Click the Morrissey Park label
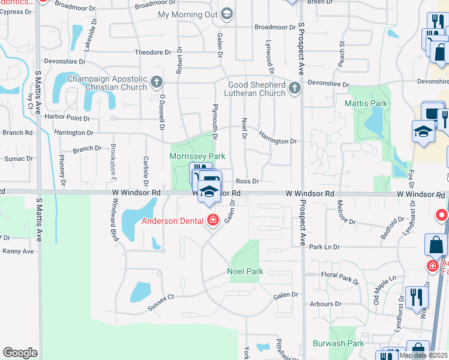197,156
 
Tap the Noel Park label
245,271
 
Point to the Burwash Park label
339,344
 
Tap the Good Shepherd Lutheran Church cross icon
294,89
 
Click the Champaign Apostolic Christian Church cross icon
157,82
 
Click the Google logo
20,353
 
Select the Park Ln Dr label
324,247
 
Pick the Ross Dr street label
247,181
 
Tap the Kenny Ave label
17,251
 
